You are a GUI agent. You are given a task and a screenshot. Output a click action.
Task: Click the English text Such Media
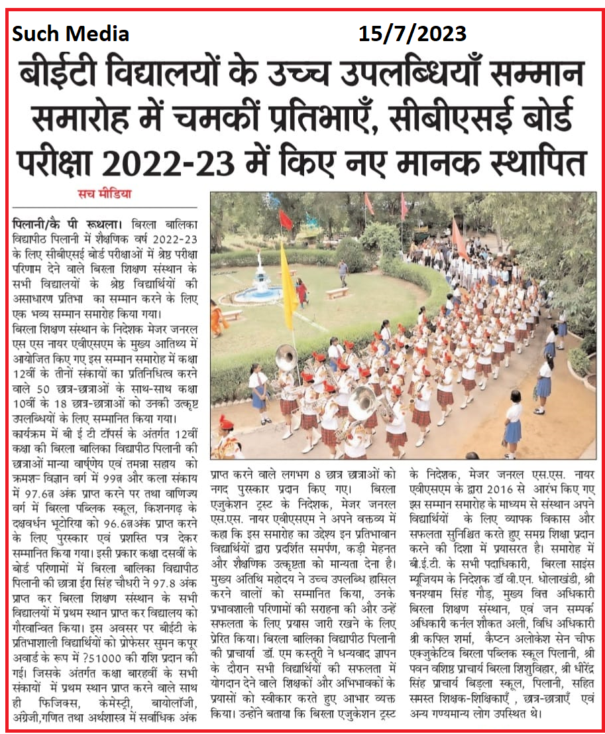pos(70,33)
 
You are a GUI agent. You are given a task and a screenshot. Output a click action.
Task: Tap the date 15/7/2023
pos(412,32)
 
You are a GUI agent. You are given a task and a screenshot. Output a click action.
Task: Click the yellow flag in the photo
pos(288,278)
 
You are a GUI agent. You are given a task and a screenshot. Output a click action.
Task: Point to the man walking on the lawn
pos(343,271)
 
